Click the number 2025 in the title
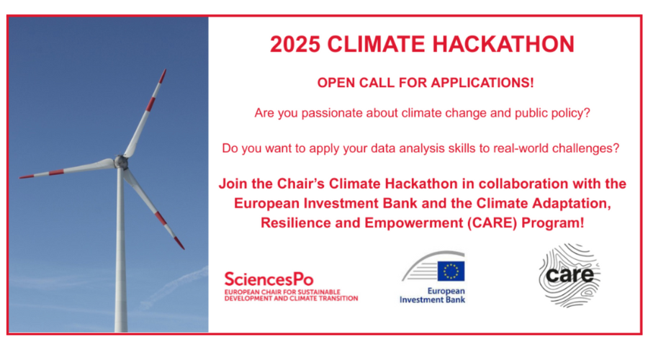click(x=295, y=44)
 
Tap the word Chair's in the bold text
click(x=300, y=184)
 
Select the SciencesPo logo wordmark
click(x=269, y=279)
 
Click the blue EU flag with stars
click(x=451, y=271)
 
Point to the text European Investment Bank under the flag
click(x=432, y=295)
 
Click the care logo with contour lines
click(x=570, y=275)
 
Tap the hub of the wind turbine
click(x=121, y=161)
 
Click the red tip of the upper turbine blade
click(x=163, y=76)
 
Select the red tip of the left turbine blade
click(x=26, y=176)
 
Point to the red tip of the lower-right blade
click(x=179, y=243)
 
